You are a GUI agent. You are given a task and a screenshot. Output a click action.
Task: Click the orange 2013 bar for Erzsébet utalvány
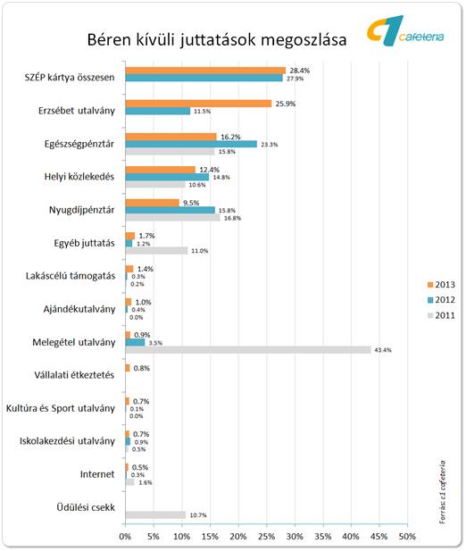click(x=198, y=104)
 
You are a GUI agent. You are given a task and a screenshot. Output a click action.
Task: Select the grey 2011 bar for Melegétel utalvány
click(x=248, y=350)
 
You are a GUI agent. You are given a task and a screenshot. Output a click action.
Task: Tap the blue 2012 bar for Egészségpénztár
click(x=191, y=144)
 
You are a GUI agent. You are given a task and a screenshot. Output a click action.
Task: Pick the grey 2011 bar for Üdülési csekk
click(x=155, y=514)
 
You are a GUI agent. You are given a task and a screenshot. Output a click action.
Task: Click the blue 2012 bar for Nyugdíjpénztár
click(x=171, y=210)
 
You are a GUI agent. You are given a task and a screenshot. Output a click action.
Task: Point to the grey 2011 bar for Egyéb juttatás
click(x=156, y=251)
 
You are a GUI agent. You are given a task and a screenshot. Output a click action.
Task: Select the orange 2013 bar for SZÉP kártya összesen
click(x=205, y=71)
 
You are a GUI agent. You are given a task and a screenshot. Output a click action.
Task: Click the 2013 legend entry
click(x=441, y=285)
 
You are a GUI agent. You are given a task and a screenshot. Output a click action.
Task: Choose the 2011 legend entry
click(x=441, y=315)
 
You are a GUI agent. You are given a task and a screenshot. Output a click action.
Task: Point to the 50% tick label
click(x=407, y=537)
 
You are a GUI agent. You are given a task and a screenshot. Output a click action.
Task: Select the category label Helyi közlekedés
click(x=79, y=177)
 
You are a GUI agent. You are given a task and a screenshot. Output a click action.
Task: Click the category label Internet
click(x=97, y=474)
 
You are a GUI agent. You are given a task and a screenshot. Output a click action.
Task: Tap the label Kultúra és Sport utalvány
click(x=61, y=408)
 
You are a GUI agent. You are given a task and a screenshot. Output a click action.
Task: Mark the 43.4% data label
click(x=383, y=350)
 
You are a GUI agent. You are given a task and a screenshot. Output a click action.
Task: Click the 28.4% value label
click(x=300, y=71)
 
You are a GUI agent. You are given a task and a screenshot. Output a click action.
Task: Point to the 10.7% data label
click(x=198, y=515)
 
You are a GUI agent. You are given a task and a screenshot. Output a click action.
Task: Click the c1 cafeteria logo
click(x=405, y=31)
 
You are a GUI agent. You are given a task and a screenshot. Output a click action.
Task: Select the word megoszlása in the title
click(x=304, y=40)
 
